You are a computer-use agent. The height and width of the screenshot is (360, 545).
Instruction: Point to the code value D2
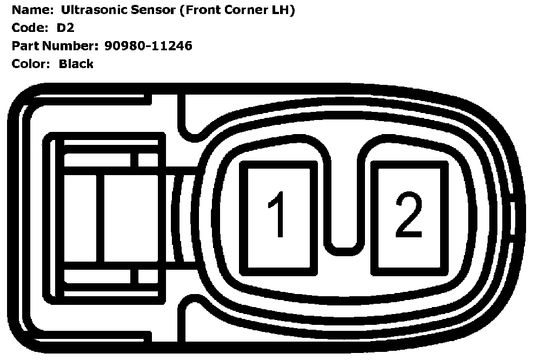pos(65,28)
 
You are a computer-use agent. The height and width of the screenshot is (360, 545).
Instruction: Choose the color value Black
pos(76,64)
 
